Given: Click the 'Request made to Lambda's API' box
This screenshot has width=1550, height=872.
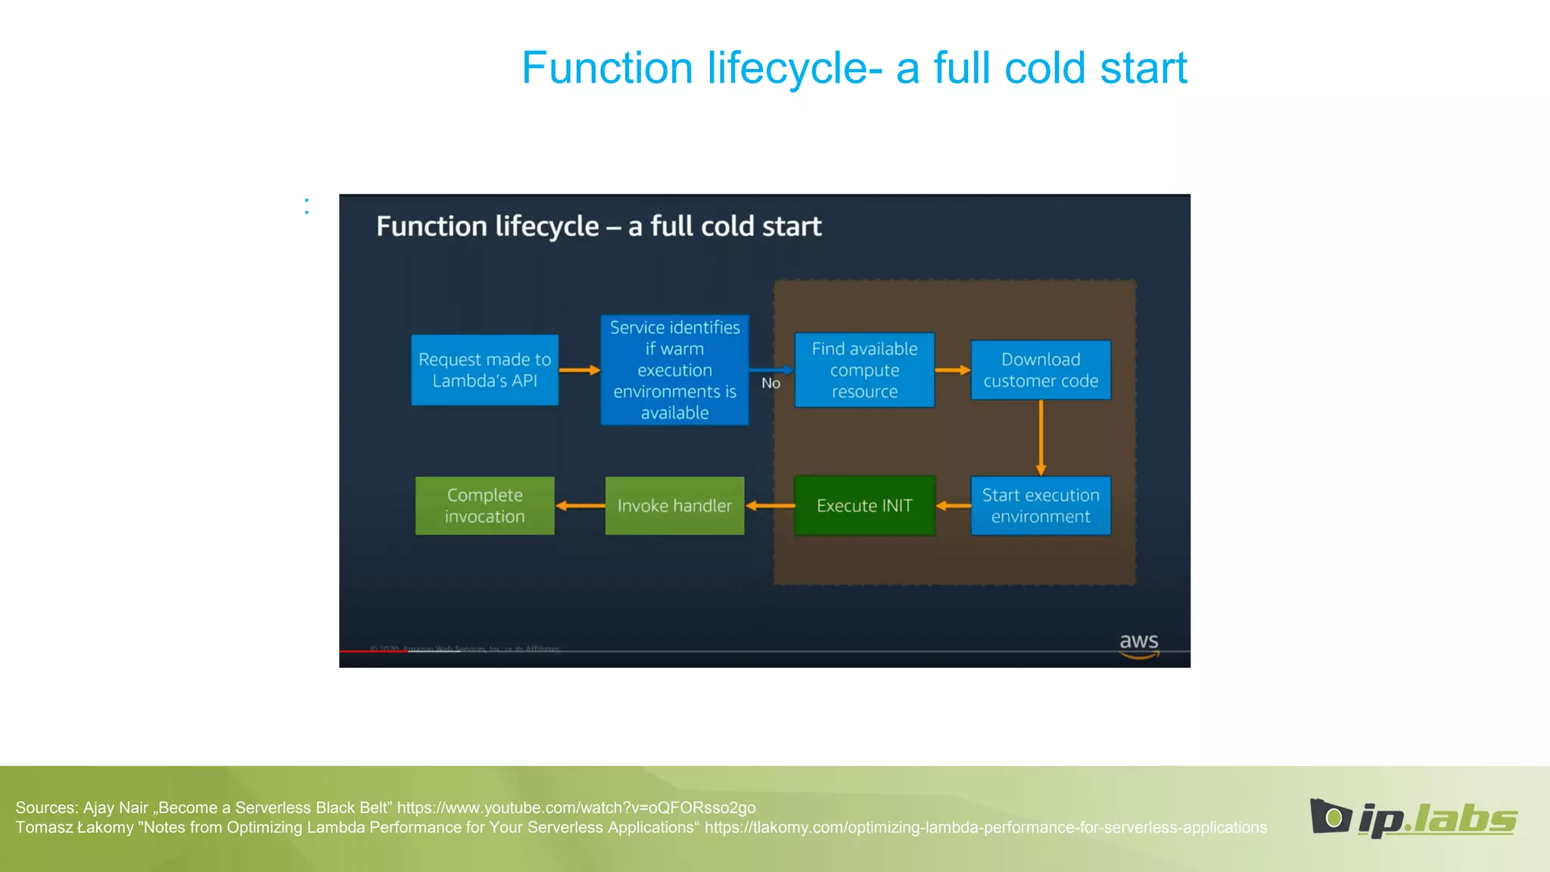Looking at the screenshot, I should click(x=484, y=370).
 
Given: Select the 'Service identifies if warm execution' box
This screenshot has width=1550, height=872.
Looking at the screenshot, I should click(x=674, y=370).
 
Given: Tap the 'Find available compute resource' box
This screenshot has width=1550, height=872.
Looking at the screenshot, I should click(x=864, y=370).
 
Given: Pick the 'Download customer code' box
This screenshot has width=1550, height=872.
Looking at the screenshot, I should click(x=1041, y=370).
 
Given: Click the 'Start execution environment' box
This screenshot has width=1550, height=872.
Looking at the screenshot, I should click(x=1041, y=506).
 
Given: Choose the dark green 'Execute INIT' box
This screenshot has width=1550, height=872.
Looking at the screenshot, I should click(x=864, y=506).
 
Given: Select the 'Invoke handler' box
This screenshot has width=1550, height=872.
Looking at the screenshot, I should click(x=674, y=506).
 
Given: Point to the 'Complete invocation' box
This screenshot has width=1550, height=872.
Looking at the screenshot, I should click(x=484, y=506).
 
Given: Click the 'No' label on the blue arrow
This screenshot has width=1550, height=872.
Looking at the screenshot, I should click(x=770, y=384).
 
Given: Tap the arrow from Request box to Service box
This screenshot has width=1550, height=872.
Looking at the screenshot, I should click(x=579, y=370).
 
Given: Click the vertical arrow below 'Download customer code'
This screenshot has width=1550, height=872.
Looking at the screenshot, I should click(x=1041, y=438).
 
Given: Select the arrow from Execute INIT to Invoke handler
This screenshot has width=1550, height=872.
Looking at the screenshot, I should click(x=770, y=506).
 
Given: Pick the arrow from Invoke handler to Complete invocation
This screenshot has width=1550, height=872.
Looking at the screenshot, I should click(x=580, y=506).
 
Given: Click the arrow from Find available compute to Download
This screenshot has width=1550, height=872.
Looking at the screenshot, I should click(x=953, y=370).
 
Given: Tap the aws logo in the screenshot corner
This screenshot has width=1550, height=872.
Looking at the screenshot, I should click(x=1139, y=645).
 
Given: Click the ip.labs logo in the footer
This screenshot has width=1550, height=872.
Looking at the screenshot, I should click(x=1413, y=819).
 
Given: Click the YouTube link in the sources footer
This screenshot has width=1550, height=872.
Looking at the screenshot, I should click(x=576, y=808).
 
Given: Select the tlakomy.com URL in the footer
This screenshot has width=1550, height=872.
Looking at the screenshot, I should click(x=985, y=827).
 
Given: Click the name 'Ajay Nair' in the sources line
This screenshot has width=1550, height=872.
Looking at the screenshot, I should click(x=115, y=808).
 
